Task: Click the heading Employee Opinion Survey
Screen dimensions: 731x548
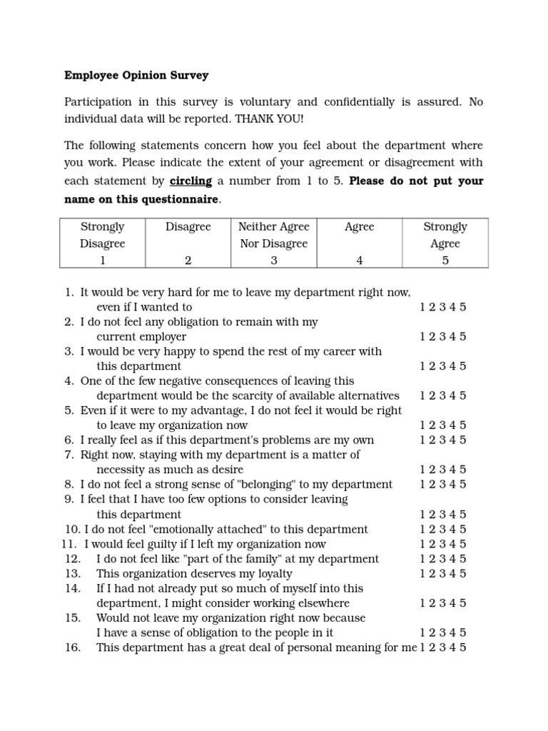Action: click(x=136, y=74)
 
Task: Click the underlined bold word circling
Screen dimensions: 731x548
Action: click(x=191, y=181)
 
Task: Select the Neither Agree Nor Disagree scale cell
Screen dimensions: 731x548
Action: click(x=273, y=243)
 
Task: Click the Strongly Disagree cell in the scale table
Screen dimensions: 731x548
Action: click(x=103, y=243)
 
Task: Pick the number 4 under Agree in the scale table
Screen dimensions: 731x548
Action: click(x=360, y=261)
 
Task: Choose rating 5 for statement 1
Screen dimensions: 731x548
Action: click(x=463, y=307)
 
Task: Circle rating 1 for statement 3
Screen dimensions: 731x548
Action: click(x=423, y=366)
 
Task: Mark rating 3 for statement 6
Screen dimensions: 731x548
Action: click(x=443, y=440)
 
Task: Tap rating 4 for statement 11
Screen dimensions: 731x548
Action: click(x=453, y=544)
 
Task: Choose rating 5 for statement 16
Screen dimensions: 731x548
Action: click(x=463, y=647)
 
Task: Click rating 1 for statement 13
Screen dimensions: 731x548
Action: click(x=423, y=573)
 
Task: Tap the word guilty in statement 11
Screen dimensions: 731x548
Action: click(x=159, y=544)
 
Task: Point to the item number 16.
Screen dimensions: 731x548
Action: click(x=73, y=647)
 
